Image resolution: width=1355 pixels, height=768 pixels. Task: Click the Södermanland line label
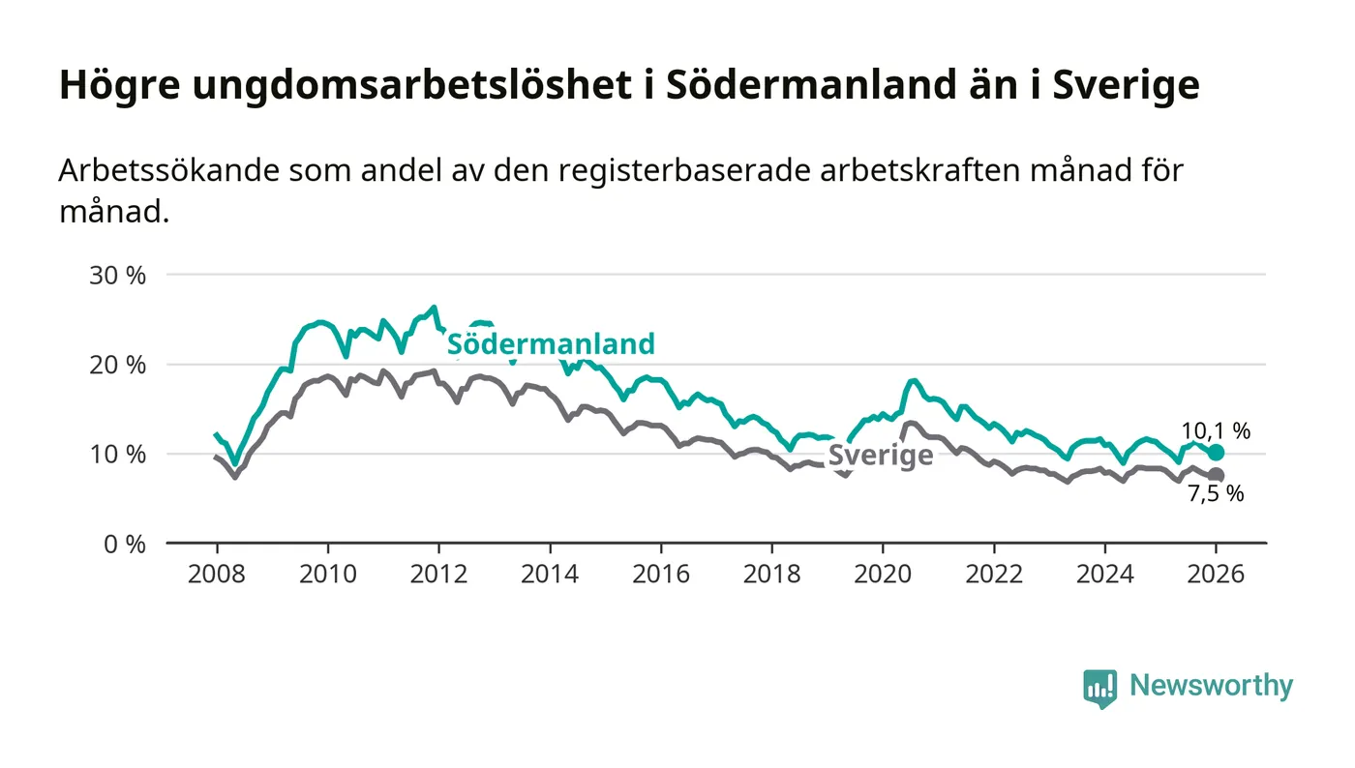click(x=550, y=343)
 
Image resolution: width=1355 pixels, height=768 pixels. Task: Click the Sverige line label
click(x=881, y=456)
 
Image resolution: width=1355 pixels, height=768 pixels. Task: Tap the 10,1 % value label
click(x=1215, y=431)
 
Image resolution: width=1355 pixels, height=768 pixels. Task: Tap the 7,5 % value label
click(x=1215, y=493)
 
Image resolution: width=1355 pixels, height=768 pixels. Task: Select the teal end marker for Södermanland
click(x=1216, y=453)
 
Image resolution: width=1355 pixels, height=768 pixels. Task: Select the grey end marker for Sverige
click(x=1216, y=475)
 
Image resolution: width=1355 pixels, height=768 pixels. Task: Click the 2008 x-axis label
click(x=217, y=573)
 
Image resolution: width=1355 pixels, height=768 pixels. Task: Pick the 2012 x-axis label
click(x=438, y=573)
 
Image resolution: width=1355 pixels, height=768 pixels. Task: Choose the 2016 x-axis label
click(x=661, y=573)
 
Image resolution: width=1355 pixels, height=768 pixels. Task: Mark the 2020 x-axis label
click(x=883, y=573)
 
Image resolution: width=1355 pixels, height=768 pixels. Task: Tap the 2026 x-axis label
click(x=1216, y=573)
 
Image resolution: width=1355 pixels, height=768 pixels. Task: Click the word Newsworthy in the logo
click(x=1211, y=686)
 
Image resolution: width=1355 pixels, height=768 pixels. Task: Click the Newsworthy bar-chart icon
click(x=1099, y=688)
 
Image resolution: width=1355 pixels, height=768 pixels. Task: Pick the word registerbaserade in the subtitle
click(x=666, y=171)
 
